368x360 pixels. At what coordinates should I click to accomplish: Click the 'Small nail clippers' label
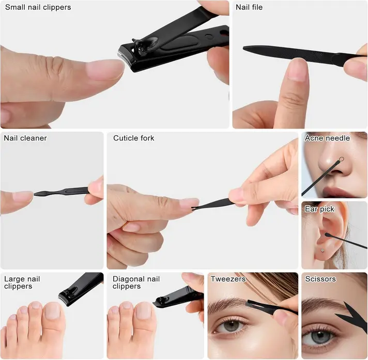pos(38,8)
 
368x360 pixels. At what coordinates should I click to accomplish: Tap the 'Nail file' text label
pos(249,7)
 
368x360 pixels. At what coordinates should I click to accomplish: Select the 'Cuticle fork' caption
pos(133,138)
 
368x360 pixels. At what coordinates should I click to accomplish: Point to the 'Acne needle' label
pos(327,138)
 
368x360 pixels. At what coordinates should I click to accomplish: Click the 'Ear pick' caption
pos(319,209)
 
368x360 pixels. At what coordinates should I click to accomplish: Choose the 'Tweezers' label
pos(228,279)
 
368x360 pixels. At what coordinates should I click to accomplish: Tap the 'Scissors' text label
pos(320,279)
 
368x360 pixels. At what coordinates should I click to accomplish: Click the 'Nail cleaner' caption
pos(25,138)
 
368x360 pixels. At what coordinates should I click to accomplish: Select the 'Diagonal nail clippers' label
pos(136,283)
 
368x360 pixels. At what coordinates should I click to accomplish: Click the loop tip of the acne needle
pos(342,159)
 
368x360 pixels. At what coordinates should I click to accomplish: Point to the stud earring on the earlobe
pos(322,251)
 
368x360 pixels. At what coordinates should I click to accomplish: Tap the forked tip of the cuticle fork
pos(193,208)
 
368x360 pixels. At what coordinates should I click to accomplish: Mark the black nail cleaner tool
pos(62,192)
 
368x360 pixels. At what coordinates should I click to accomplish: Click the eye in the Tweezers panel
pos(231,326)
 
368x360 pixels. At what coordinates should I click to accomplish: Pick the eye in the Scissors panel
pos(320,337)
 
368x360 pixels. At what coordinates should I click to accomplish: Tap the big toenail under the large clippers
pos(52,311)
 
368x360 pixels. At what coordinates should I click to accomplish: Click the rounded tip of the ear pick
pos(327,234)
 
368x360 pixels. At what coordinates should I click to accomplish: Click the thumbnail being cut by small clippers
pos(105,70)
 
